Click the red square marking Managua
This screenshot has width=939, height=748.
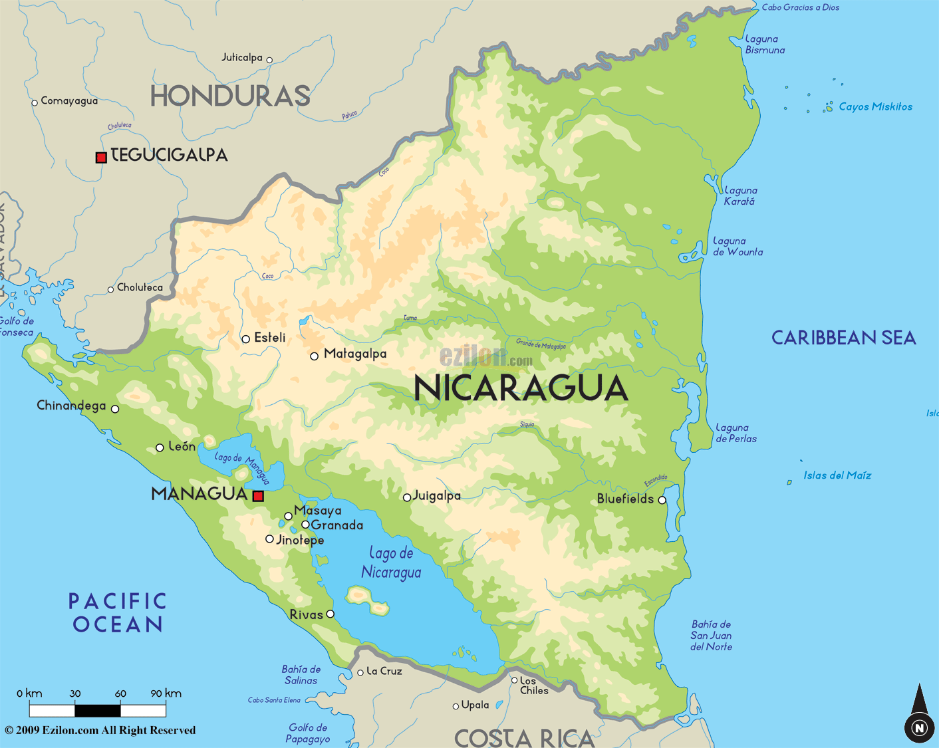(x=258, y=495)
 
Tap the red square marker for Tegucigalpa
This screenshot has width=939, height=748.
(x=101, y=158)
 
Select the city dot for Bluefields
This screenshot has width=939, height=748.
(x=662, y=500)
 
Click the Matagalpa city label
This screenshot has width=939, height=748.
(x=354, y=354)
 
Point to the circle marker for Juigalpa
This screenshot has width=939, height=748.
(x=407, y=497)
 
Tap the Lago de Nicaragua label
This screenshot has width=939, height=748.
(x=391, y=562)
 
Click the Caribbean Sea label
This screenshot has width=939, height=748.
(x=843, y=338)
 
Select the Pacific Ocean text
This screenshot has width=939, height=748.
(x=118, y=612)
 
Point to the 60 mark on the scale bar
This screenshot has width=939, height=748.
(x=120, y=693)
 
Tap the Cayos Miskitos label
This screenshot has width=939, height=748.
(x=875, y=106)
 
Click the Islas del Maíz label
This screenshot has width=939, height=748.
(x=837, y=475)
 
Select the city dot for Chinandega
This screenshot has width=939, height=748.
(x=115, y=409)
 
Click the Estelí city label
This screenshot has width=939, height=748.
(x=269, y=338)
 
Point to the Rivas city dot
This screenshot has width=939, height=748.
(x=330, y=614)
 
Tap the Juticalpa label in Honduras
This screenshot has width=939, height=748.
(x=242, y=58)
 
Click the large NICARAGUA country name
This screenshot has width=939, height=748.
(x=521, y=388)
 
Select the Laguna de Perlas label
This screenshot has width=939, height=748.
(x=736, y=433)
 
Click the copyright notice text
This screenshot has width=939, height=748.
(x=100, y=730)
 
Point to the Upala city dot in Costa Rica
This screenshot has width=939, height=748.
(x=456, y=706)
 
